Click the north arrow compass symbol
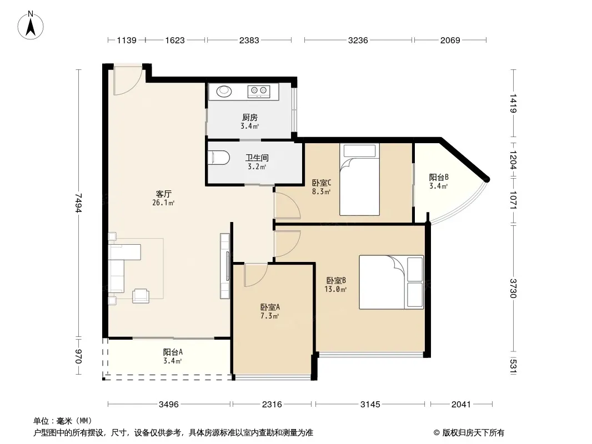pos(31,25)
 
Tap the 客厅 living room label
pos(163,194)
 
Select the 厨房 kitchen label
pos(250,117)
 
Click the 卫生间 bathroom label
pos(257,158)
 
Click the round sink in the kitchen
pos(224,91)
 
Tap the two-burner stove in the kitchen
pos(259,91)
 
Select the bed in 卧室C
pos(359,180)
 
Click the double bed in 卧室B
pos(391,282)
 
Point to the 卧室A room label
pos(270,307)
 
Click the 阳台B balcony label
pos(439,177)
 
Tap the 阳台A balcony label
pos(173,352)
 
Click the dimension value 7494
pos(78,203)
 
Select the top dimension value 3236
pos(358,40)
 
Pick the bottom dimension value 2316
pos(272,405)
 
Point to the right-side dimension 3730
pos(513,288)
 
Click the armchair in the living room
pos(141,295)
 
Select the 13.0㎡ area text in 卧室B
pos(335,289)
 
